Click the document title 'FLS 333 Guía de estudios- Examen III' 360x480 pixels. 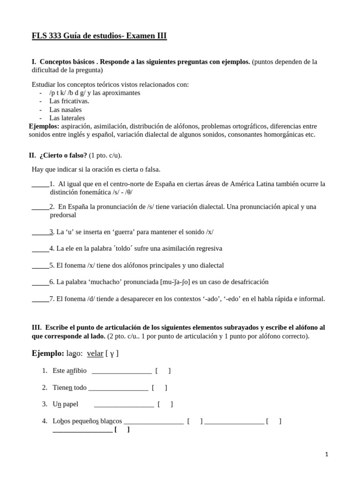point(99,36)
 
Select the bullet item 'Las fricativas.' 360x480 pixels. point(69,101)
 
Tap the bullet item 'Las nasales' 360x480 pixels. point(65,110)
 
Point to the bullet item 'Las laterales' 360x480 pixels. point(67,118)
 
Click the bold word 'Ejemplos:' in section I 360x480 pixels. point(44,127)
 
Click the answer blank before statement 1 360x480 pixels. point(40,184)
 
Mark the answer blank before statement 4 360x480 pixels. point(40,248)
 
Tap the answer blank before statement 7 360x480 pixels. point(40,299)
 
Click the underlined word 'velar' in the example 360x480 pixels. point(95,353)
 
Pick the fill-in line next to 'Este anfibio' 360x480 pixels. point(122,371)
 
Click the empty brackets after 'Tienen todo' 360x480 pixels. point(159,388)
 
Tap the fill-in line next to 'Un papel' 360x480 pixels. point(124,405)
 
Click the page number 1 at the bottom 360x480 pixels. point(326,454)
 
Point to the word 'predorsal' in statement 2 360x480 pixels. point(63,215)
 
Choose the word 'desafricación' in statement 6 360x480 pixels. point(247,282)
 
